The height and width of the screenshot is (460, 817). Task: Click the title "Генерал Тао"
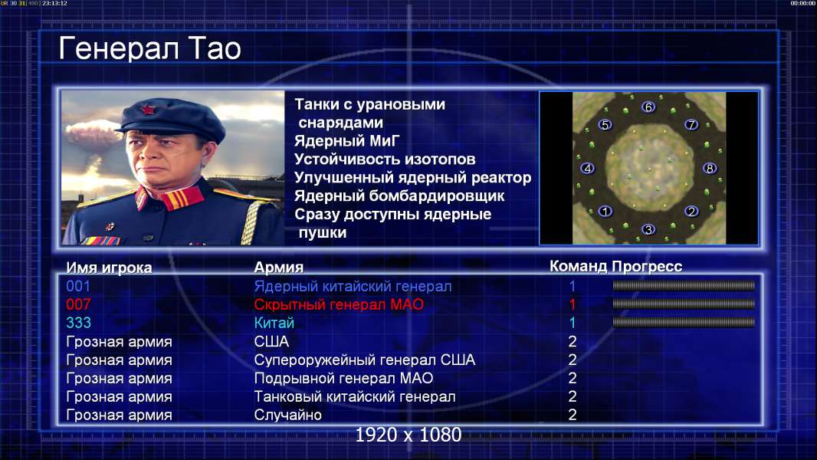(149, 48)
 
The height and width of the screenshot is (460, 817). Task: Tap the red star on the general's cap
(147, 109)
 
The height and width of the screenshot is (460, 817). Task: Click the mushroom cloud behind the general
(92, 133)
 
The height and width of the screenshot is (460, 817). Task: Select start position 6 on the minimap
(648, 107)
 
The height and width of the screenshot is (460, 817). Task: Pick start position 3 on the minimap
(648, 229)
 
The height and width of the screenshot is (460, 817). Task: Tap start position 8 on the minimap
(709, 168)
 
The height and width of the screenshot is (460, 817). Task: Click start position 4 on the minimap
(588, 168)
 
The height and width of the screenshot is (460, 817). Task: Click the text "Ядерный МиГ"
(347, 141)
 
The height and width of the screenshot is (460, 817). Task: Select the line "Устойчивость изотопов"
(385, 159)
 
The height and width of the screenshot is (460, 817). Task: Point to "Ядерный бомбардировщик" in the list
(399, 196)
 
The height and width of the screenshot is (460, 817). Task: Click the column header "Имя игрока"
(109, 268)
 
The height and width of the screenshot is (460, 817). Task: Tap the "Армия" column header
(278, 268)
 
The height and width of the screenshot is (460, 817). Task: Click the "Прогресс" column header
(647, 267)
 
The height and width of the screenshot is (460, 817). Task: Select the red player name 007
(78, 304)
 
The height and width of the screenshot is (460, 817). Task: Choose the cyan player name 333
(78, 323)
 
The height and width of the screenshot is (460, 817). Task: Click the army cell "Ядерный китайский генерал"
(353, 286)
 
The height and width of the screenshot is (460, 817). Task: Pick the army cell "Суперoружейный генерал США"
(364, 360)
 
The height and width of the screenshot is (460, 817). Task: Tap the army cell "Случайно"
(287, 415)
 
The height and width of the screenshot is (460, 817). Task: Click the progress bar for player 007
(684, 304)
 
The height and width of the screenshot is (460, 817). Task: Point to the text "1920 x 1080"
(408, 435)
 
